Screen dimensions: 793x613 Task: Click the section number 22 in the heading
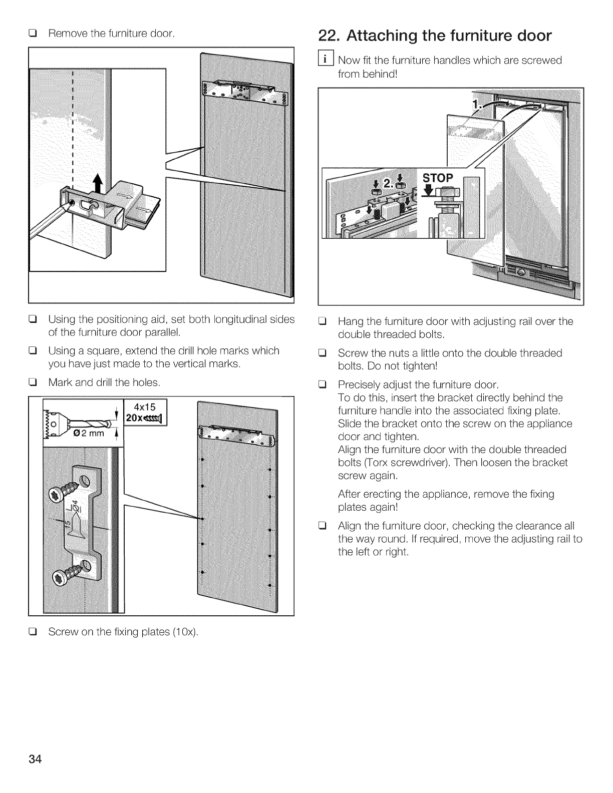[x=327, y=36]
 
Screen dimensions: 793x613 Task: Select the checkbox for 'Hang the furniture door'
[x=323, y=321]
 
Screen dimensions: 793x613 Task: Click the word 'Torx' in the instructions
[x=369, y=462]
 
